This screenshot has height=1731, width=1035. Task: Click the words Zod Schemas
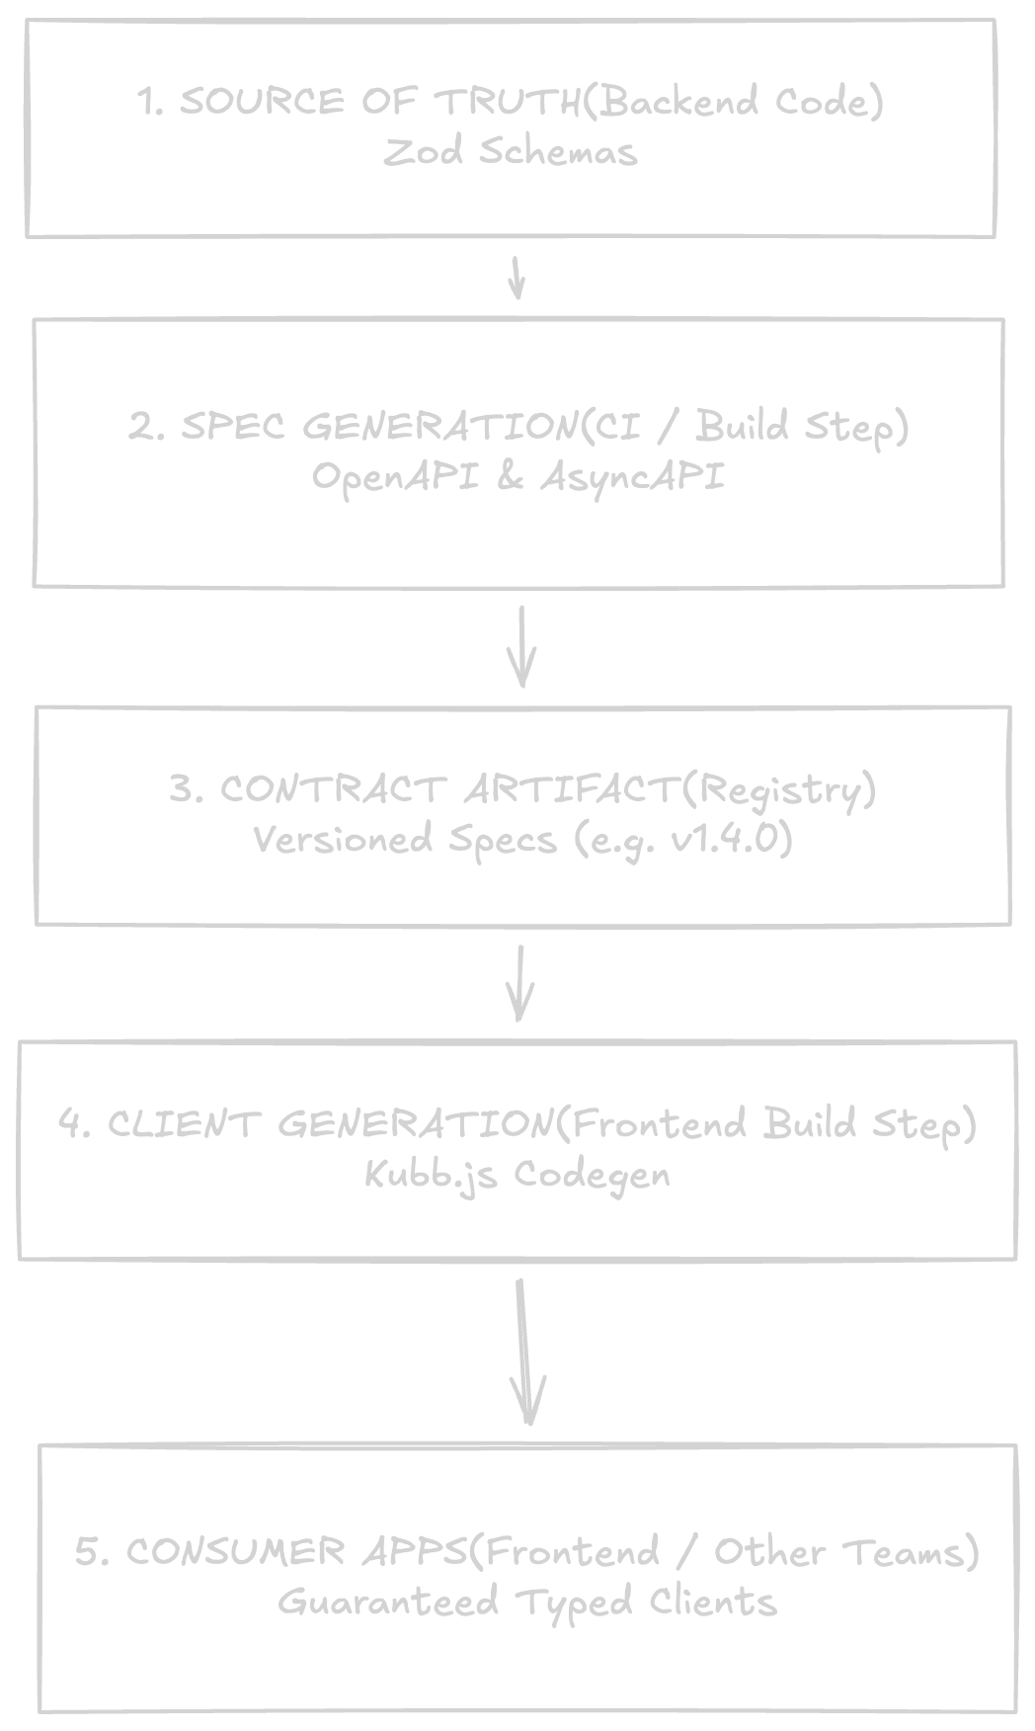click(511, 152)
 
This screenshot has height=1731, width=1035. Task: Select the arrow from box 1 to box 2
click(516, 278)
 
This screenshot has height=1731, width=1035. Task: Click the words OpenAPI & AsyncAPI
click(518, 477)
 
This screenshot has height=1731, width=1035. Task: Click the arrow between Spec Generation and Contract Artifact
click(521, 647)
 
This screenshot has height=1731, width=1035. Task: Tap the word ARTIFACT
click(572, 790)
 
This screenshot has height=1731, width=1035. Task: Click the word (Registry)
click(778, 790)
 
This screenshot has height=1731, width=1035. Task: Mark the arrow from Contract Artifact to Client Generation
click(519, 984)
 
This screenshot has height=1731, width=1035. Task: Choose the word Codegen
click(592, 1175)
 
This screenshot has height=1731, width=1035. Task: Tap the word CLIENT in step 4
click(181, 1124)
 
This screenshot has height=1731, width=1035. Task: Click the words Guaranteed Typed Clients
click(527, 1602)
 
